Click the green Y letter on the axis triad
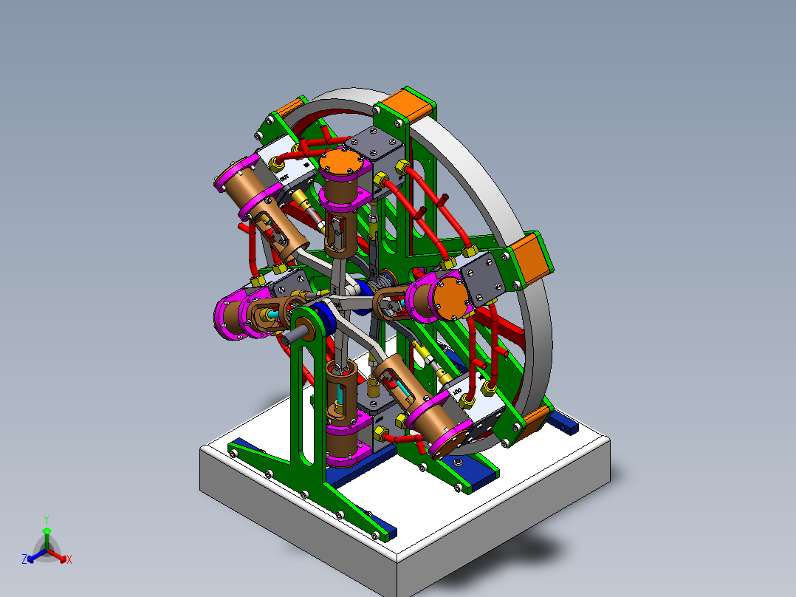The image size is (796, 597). click(x=46, y=519)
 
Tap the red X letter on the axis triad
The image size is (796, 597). click(x=69, y=560)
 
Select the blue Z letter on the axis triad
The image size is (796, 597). click(x=24, y=560)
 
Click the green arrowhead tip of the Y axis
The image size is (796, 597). click(x=46, y=531)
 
